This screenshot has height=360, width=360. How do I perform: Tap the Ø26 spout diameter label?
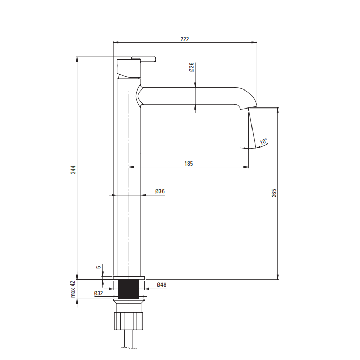point(191,67)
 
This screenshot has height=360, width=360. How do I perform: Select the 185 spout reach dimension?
point(188,164)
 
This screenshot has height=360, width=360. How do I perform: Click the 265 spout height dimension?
point(274,192)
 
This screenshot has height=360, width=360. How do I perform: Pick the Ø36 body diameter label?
point(160,191)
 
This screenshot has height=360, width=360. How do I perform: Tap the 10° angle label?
point(263,141)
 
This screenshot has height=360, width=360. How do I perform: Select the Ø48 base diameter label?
point(161,285)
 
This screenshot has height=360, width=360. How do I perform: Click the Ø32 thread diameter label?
point(98,293)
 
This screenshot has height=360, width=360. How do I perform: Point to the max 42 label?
point(73,290)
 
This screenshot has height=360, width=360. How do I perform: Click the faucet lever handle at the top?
point(144,59)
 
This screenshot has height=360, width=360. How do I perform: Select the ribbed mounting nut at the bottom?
point(129,319)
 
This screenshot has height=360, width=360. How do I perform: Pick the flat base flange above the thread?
point(129,278)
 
